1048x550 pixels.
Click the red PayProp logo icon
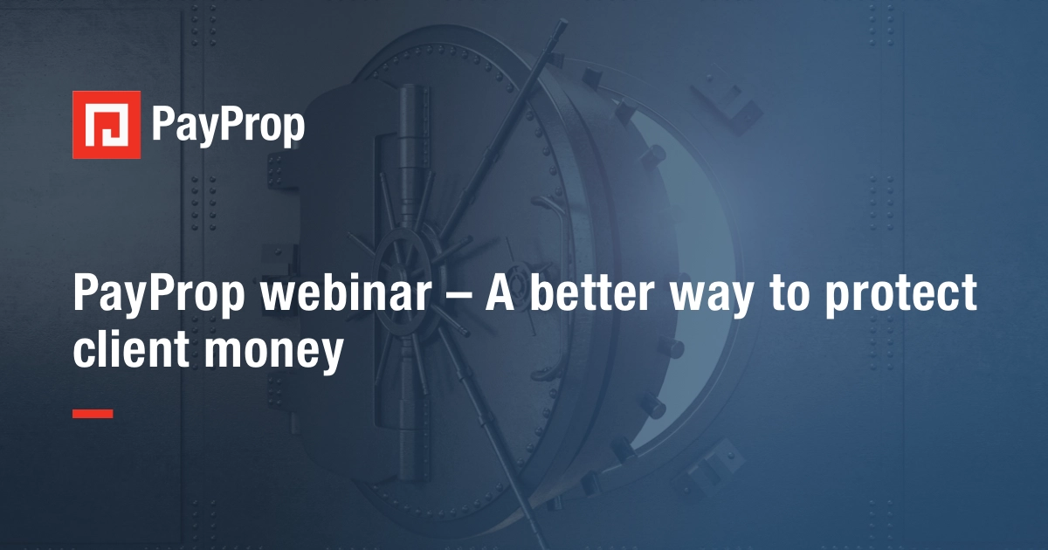(107, 125)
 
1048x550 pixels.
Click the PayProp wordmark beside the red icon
(228, 126)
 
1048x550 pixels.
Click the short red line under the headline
(93, 413)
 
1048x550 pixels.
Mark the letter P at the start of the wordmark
(162, 124)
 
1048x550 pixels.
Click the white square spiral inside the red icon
(107, 125)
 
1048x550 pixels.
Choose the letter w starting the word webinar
(281, 296)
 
